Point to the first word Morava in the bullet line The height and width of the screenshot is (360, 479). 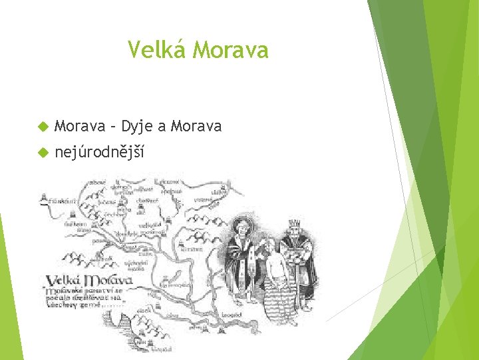tap(80, 126)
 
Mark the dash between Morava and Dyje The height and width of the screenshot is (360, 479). tap(112, 127)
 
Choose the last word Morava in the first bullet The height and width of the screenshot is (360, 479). tap(196, 126)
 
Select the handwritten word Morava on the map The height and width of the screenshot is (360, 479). tap(106, 280)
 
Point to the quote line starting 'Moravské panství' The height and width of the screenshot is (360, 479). tap(83, 291)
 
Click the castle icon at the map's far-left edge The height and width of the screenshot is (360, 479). tap(43, 199)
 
